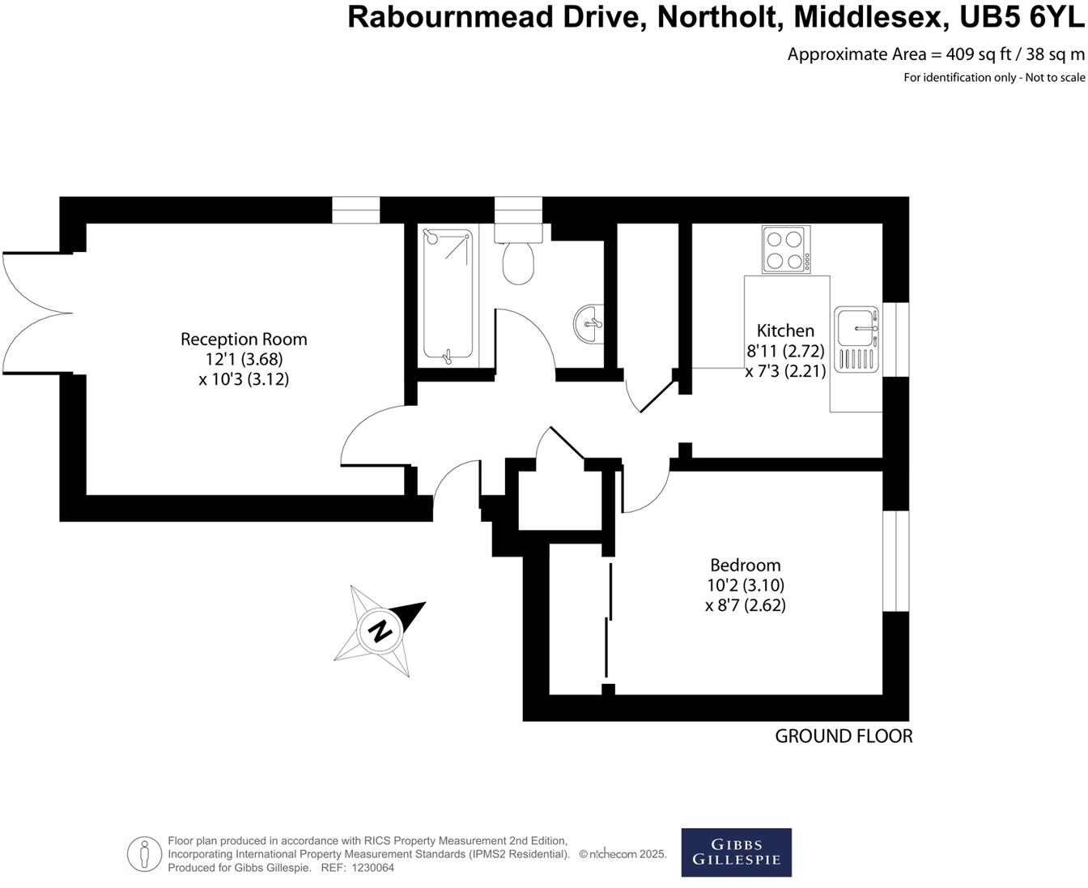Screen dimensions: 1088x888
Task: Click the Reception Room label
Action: (x=244, y=339)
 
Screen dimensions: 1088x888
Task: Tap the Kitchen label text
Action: (x=785, y=331)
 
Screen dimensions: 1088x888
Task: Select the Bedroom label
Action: (x=746, y=565)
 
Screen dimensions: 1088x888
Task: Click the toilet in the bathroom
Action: (x=518, y=254)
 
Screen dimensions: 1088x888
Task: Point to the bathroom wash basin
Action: (x=589, y=324)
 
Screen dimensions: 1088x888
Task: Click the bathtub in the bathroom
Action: (x=448, y=294)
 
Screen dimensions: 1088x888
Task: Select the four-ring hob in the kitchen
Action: (x=786, y=249)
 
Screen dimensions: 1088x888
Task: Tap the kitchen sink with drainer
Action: (x=856, y=339)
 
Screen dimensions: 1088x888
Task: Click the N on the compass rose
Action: (x=380, y=630)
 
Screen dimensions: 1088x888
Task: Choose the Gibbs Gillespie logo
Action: (x=736, y=852)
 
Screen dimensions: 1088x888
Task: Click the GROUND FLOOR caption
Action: (x=844, y=736)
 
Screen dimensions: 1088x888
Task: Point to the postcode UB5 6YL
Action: (x=1022, y=18)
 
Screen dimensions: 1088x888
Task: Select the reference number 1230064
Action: (x=372, y=868)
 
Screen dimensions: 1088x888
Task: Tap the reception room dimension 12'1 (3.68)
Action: (x=244, y=359)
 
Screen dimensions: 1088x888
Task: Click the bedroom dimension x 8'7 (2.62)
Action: (x=746, y=605)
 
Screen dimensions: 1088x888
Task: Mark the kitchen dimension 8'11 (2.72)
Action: (x=785, y=351)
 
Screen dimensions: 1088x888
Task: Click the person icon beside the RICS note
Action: (x=144, y=854)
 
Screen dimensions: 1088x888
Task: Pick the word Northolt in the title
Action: (x=717, y=18)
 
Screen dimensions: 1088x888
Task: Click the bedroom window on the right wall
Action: (x=895, y=561)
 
